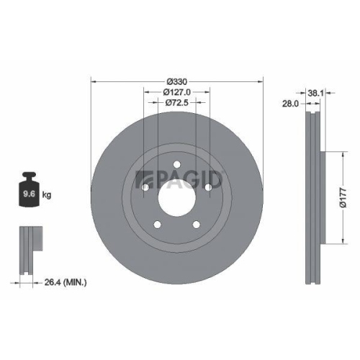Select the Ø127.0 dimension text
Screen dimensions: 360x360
click(177, 91)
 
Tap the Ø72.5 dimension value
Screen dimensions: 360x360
click(177, 103)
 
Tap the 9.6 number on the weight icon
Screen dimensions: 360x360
click(29, 194)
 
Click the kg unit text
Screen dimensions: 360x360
click(47, 194)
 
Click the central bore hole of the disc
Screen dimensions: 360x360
click(177, 200)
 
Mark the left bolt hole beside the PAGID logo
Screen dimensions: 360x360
click(143, 189)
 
